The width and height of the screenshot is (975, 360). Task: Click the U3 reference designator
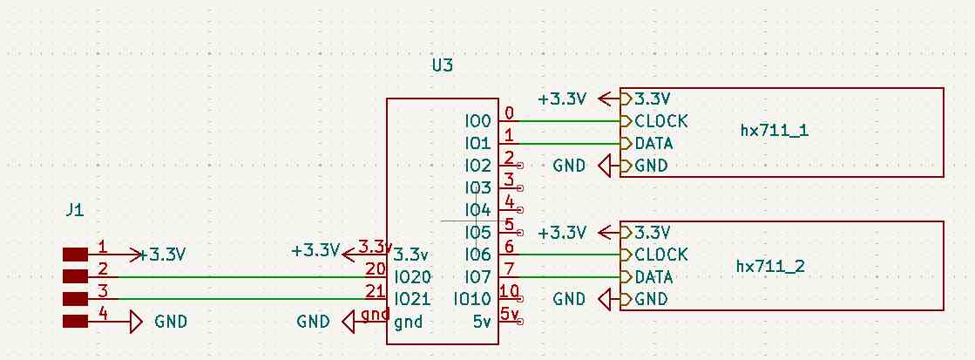[443, 65]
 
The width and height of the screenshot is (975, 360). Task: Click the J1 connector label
[75, 210]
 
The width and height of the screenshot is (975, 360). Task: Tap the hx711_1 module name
[774, 131]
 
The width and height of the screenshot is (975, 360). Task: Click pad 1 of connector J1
[76, 255]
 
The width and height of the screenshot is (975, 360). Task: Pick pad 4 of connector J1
[76, 322]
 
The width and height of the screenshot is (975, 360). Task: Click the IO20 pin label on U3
[412, 277]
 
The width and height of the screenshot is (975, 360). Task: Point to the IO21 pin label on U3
[412, 300]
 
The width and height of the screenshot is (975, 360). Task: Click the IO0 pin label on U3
[478, 120]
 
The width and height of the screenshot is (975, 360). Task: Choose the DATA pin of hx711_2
[653, 277]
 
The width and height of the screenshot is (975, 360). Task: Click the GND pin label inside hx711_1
[651, 166]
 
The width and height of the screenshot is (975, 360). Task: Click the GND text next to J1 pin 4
[171, 322]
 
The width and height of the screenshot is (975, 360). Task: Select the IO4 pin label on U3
[478, 210]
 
